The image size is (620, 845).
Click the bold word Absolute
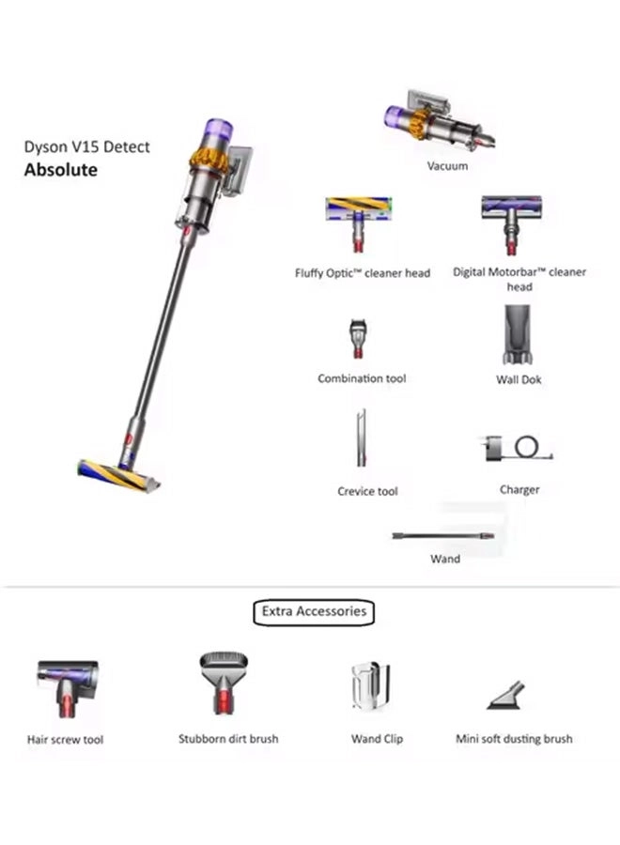tap(60, 170)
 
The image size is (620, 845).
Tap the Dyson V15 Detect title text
tap(86, 147)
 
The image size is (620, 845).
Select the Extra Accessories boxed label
tap(314, 611)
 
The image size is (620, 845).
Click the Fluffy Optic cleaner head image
tap(358, 223)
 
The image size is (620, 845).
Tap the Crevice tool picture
tap(361, 438)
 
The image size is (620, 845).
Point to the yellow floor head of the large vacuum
tap(117, 475)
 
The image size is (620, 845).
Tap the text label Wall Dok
tap(519, 380)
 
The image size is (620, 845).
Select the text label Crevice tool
tap(368, 491)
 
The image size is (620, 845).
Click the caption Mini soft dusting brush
tap(514, 739)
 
